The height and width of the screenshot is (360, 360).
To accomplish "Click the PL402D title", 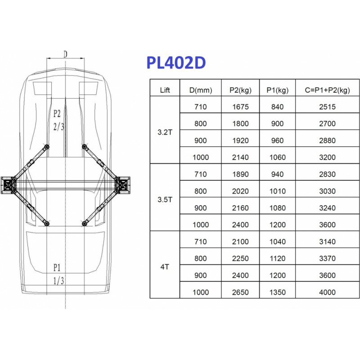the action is (x=176, y=63).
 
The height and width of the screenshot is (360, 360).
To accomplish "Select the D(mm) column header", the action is (x=201, y=90).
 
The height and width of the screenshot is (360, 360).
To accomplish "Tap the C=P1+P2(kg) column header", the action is (x=328, y=90).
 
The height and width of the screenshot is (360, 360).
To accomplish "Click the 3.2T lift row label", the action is (x=165, y=132).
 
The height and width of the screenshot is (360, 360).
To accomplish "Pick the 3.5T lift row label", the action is (x=165, y=199).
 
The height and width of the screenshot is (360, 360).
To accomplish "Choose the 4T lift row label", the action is (x=165, y=267).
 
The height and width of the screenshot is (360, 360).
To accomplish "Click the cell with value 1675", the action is (x=240, y=107).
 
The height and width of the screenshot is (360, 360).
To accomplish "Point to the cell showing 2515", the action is (x=328, y=107).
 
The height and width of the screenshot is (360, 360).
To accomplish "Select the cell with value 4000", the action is (x=328, y=292).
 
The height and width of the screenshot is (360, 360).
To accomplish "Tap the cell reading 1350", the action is (x=278, y=292).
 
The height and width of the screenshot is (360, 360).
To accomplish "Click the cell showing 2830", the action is (x=328, y=174).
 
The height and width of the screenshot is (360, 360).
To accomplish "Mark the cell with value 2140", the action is (x=240, y=157).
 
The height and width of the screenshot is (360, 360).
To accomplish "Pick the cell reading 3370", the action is (x=328, y=258).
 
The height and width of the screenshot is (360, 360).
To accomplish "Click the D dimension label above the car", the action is (x=65, y=54).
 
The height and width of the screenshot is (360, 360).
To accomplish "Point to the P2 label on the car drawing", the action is (x=57, y=113).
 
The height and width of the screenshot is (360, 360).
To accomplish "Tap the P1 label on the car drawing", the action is (x=57, y=267).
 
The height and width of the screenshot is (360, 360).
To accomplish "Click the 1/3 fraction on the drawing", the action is (x=58, y=280).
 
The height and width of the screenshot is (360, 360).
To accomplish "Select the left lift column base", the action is (x=8, y=185).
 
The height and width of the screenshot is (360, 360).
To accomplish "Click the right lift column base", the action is (x=123, y=185).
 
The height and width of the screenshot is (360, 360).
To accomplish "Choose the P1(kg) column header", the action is (x=278, y=90).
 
